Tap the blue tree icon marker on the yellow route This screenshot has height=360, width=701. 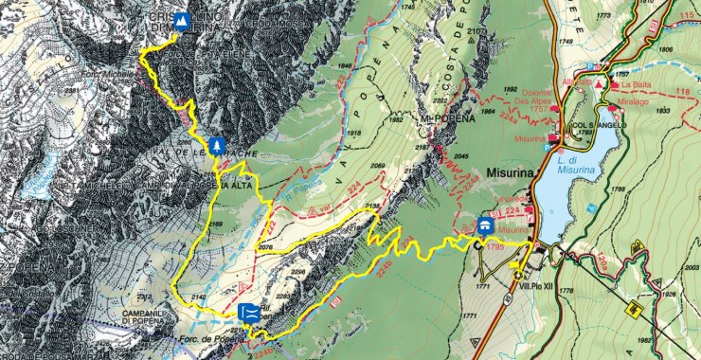(x=218, y=146)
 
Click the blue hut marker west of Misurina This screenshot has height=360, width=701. (x=484, y=225)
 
